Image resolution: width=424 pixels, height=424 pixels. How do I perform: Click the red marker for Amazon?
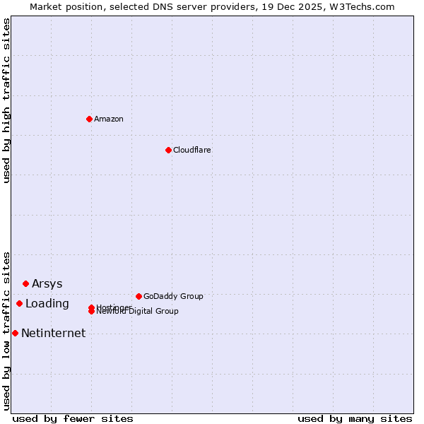(x=89, y=119)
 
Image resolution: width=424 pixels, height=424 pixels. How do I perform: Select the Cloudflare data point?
(x=168, y=150)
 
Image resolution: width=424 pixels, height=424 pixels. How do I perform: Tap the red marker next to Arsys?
(x=25, y=283)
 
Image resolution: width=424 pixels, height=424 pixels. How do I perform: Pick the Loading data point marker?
(x=19, y=303)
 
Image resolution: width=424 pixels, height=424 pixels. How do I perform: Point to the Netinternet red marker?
(x=15, y=333)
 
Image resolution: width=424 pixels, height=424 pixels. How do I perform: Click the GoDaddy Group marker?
(x=139, y=296)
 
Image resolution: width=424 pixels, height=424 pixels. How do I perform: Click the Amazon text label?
(x=109, y=119)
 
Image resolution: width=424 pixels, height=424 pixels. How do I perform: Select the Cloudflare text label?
(x=192, y=150)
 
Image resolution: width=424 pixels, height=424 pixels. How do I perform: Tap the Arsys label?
(x=47, y=284)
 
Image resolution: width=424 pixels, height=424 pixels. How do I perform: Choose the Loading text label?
(x=47, y=304)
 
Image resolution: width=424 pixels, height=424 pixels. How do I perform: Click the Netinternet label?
(x=54, y=334)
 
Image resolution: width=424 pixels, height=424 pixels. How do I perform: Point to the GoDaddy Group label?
(x=173, y=297)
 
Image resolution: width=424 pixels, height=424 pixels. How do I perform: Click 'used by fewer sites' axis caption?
(x=73, y=418)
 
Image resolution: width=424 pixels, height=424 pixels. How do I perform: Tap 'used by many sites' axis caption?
(x=355, y=418)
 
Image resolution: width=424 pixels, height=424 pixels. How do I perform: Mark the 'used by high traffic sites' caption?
(x=7, y=100)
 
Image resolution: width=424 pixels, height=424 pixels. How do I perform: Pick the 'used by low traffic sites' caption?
(x=7, y=330)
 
